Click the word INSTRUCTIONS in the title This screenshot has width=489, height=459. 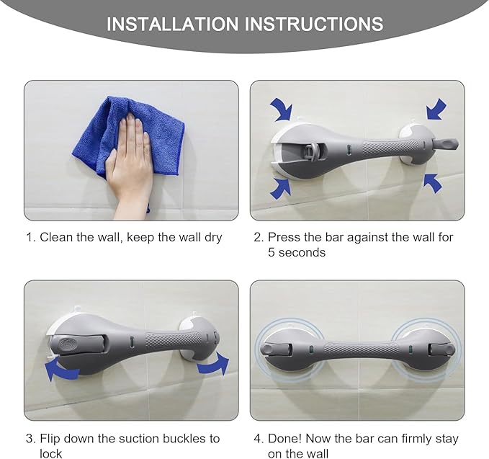click(314, 24)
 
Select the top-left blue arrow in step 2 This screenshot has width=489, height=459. click(282, 110)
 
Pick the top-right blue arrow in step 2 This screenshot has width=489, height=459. click(436, 110)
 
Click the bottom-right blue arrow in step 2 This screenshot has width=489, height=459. click(432, 182)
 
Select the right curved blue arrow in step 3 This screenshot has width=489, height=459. click(215, 365)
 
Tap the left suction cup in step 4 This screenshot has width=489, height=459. click(282, 349)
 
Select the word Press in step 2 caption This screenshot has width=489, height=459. click(284, 237)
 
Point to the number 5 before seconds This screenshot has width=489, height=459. click(272, 252)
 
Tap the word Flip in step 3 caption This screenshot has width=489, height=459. click(50, 439)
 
